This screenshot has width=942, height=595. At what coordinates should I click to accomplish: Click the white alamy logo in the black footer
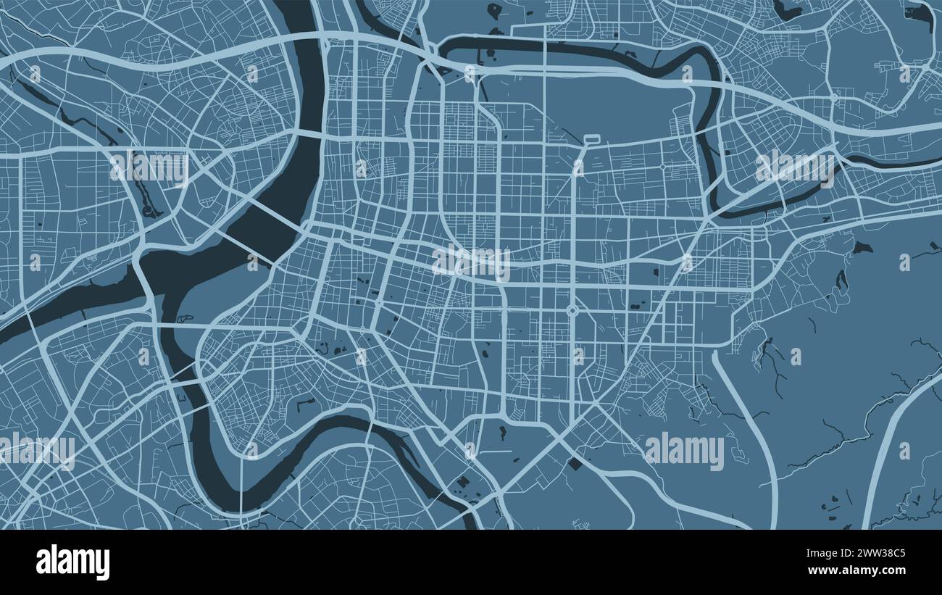[72, 562]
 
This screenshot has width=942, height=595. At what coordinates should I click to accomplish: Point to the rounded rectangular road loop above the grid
[591, 138]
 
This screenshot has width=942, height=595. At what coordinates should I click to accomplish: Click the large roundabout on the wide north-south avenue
[572, 311]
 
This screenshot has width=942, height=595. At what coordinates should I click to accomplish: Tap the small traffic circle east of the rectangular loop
[662, 167]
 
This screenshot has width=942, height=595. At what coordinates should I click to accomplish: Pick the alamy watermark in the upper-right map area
[795, 167]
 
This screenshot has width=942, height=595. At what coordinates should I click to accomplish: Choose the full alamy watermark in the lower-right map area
[684, 451]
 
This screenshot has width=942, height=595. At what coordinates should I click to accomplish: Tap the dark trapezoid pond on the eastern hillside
[861, 247]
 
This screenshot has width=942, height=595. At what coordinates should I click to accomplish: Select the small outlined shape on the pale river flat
[185, 317]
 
